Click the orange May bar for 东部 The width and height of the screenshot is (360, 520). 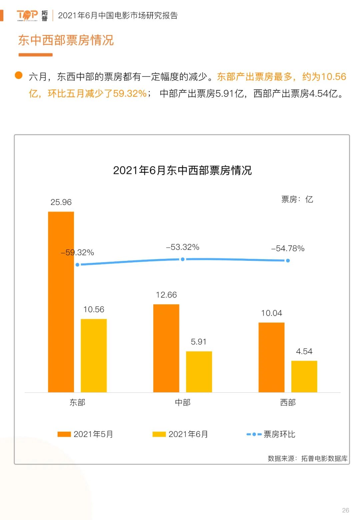[x=61, y=302]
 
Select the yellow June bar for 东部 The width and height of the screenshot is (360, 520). [x=94, y=355]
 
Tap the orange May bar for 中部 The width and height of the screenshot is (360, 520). [x=166, y=348]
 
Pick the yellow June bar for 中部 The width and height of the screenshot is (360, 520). [x=199, y=372]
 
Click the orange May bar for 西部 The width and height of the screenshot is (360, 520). [x=271, y=357]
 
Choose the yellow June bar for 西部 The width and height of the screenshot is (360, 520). [x=304, y=376]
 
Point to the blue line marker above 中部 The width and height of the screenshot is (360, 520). [x=183, y=259]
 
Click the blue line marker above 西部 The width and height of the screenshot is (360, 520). [x=288, y=261]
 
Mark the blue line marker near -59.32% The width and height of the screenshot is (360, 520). [x=78, y=265]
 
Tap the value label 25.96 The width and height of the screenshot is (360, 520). [x=61, y=202]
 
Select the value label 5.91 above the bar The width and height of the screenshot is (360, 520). [x=199, y=342]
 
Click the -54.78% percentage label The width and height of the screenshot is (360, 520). [x=288, y=248]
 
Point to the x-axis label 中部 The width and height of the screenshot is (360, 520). [x=183, y=403]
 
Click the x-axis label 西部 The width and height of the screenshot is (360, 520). [x=288, y=403]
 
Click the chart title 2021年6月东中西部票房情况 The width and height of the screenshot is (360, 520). [x=182, y=170]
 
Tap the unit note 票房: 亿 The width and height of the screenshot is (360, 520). [x=297, y=199]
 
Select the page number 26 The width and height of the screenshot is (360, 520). [x=346, y=510]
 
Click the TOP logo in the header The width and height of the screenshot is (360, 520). [x=27, y=15]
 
